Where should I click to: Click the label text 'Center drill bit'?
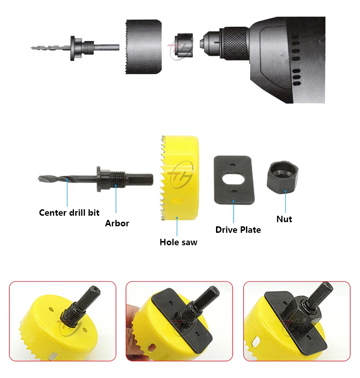69,213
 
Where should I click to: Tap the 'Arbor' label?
117,223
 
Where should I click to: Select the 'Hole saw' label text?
178,242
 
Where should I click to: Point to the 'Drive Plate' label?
238,229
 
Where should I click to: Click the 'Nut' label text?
284,219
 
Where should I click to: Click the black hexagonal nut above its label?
284,178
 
